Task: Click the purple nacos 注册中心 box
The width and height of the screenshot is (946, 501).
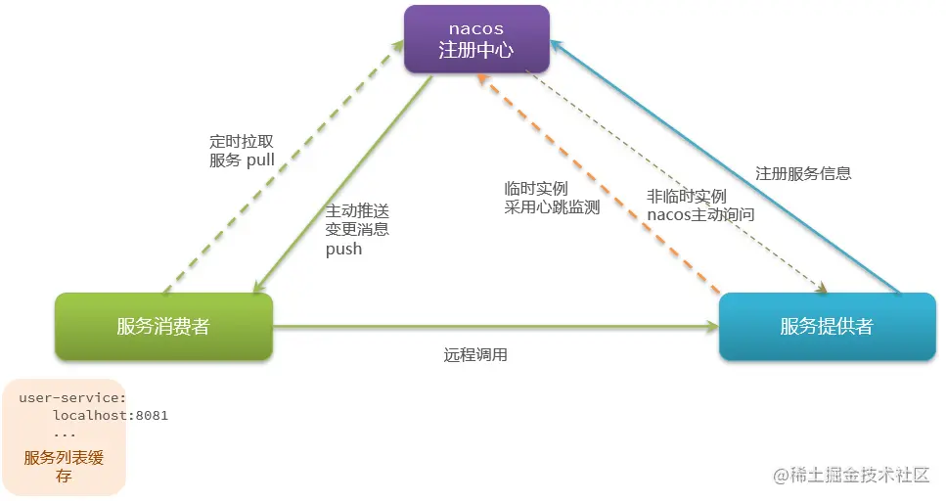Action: pyautogui.click(x=476, y=39)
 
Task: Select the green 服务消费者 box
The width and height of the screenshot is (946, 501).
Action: pyautogui.click(x=162, y=326)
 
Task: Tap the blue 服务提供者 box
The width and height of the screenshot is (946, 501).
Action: pyautogui.click(x=826, y=326)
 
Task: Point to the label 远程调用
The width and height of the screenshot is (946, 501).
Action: pyautogui.click(x=475, y=354)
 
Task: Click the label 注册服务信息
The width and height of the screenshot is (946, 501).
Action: pyautogui.click(x=803, y=173)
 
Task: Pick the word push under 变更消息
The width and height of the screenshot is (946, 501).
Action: pyautogui.click(x=343, y=249)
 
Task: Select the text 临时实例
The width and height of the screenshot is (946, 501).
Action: pyautogui.click(x=536, y=188)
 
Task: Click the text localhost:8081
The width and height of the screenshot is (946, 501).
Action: pyautogui.click(x=110, y=415)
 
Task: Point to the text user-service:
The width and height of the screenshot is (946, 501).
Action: pyautogui.click(x=72, y=397)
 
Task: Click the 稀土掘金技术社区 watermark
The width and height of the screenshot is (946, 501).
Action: pyautogui.click(x=850, y=475)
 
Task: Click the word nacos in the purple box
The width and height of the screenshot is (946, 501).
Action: pyautogui.click(x=476, y=28)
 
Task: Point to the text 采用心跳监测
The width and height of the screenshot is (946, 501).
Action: pyautogui.click(x=552, y=206)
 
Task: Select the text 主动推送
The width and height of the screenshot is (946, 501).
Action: pyautogui.click(x=357, y=210)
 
